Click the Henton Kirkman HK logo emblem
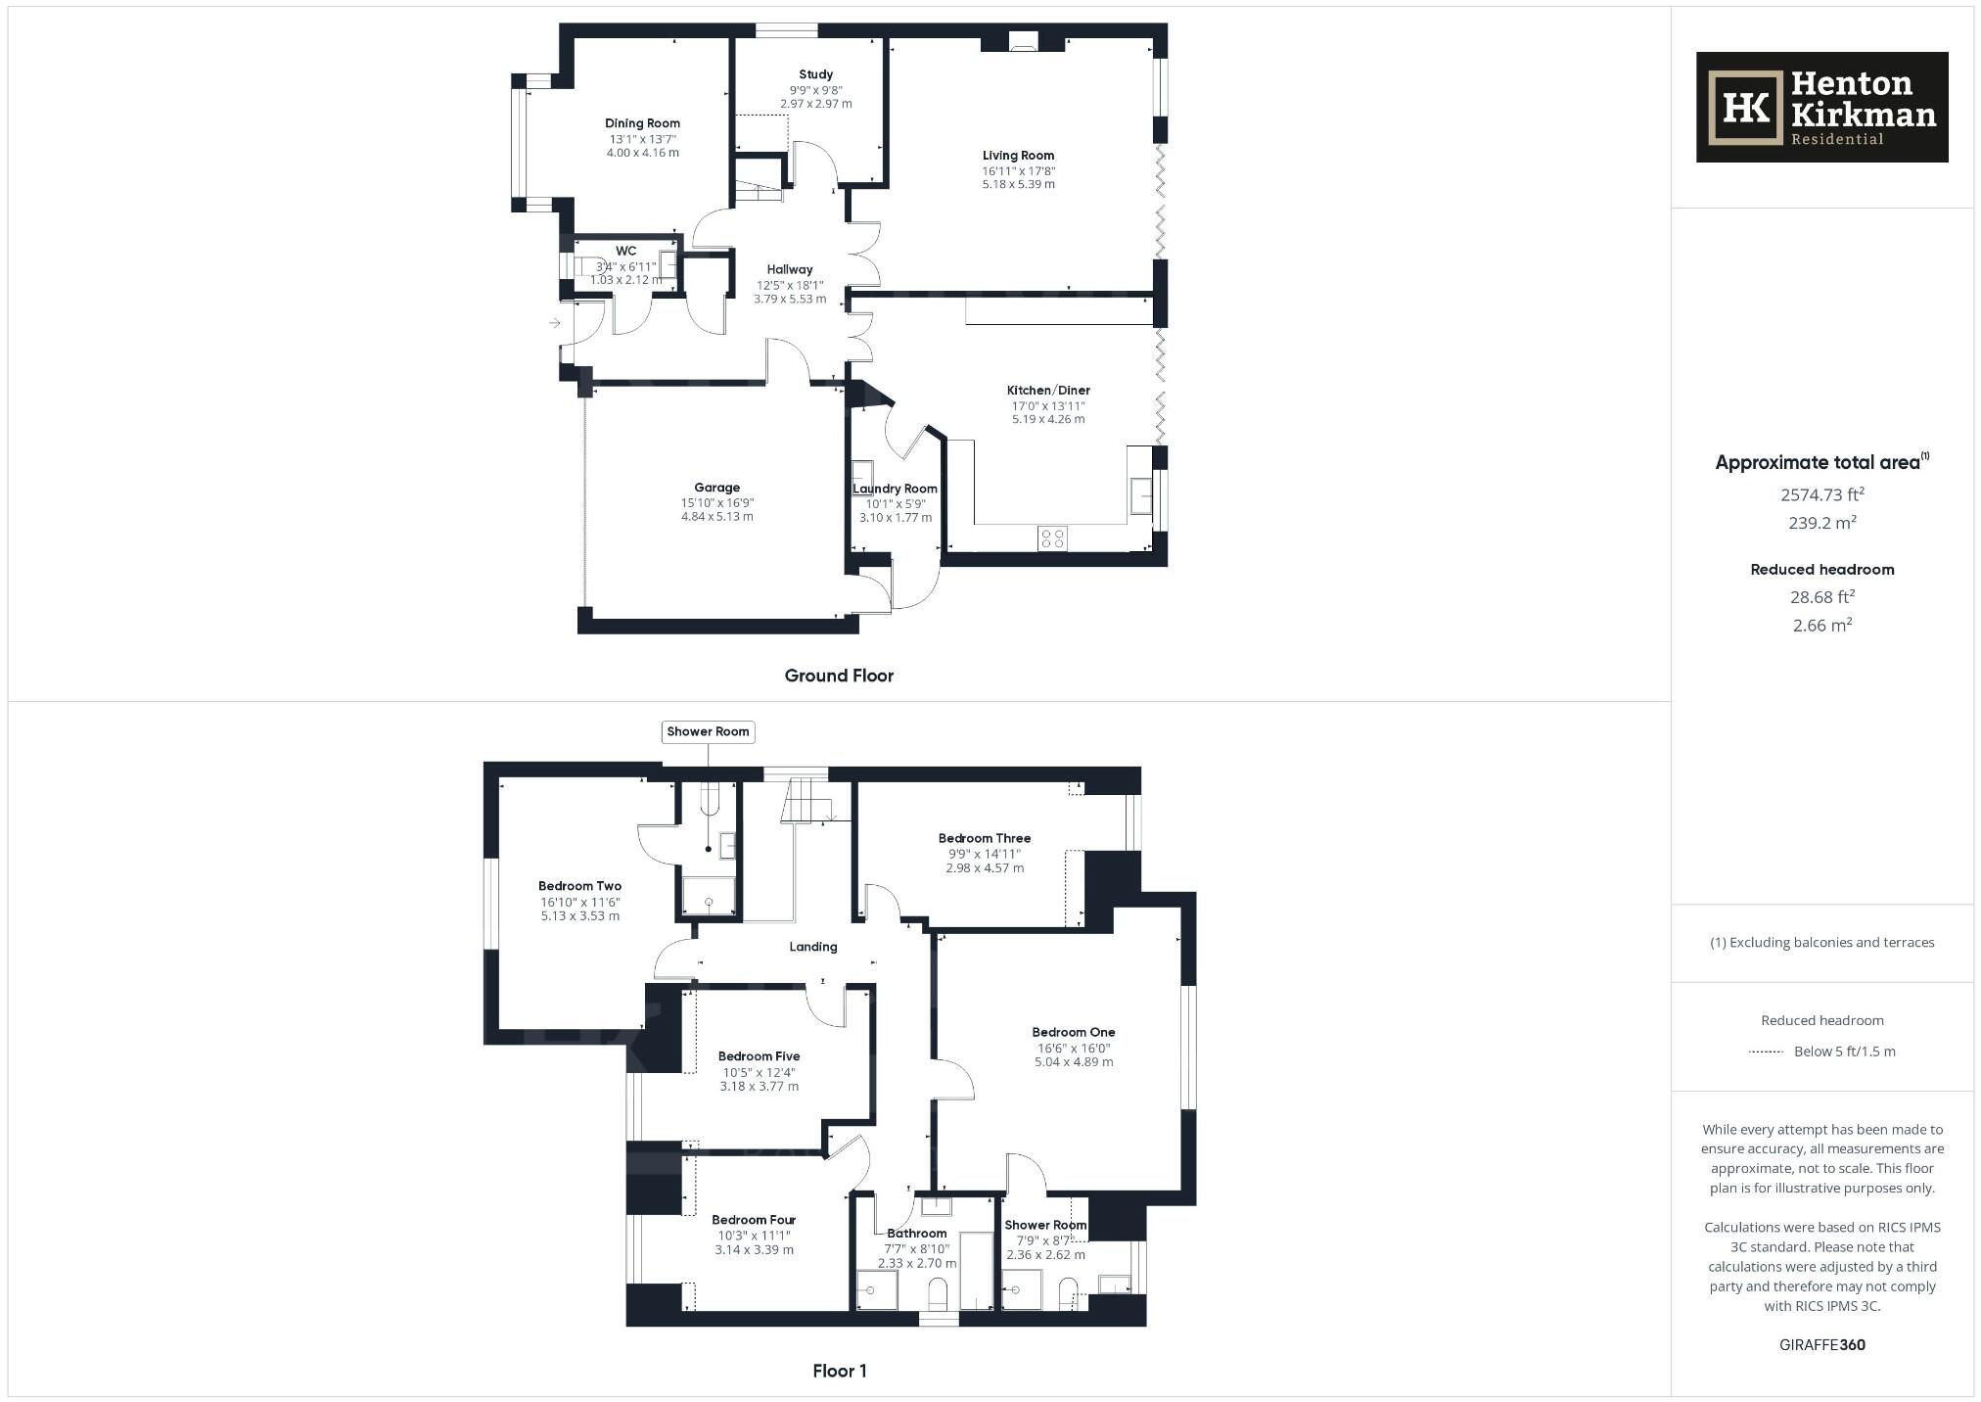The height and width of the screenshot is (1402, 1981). click(1745, 108)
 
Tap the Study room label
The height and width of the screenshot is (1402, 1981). click(815, 74)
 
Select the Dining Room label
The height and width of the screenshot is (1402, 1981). click(642, 123)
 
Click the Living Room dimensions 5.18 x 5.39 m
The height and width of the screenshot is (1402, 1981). click(1018, 184)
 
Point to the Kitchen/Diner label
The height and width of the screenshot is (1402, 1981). click(1048, 390)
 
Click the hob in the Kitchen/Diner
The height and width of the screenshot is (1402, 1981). click(1052, 537)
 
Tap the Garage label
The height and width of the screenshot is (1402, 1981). click(716, 488)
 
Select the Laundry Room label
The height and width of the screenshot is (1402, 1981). click(895, 489)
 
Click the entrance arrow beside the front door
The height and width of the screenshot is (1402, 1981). click(554, 323)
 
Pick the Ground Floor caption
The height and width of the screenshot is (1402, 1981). click(839, 676)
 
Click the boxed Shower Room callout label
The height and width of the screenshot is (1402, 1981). click(708, 731)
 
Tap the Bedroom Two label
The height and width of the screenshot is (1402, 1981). click(579, 886)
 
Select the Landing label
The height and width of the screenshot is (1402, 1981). click(813, 947)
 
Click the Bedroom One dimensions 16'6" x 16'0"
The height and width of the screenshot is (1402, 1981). click(1073, 1048)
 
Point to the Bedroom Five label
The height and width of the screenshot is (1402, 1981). click(759, 1056)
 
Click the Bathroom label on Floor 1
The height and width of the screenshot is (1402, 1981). click(917, 1234)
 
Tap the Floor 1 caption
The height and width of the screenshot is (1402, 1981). click(839, 1371)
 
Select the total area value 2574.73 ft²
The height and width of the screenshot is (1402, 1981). click(1820, 495)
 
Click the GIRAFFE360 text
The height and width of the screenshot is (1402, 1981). click(1821, 1345)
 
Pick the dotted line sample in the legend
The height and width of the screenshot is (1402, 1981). click(1766, 1051)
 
